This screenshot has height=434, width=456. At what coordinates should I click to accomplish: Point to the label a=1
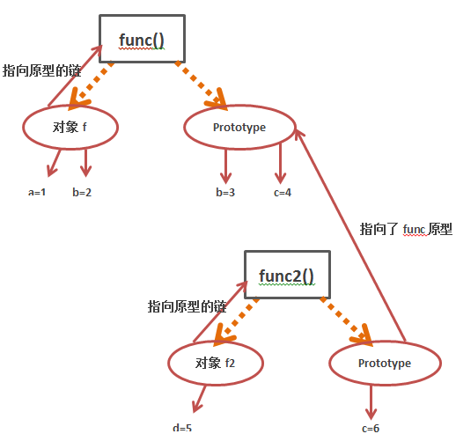37,192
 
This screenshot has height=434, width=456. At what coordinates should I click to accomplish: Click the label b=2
82,192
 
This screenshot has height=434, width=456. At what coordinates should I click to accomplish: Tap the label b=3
225,192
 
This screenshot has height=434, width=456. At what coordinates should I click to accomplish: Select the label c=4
283,193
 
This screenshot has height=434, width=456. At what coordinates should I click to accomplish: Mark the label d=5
182,428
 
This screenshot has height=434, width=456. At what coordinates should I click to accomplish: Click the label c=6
371,429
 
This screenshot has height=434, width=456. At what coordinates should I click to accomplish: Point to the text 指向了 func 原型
406,229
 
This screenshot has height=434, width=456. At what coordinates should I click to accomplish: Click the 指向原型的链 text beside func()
41,70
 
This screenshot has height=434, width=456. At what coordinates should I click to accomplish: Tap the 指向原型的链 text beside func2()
187,306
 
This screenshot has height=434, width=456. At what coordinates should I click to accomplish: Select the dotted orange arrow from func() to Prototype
201,85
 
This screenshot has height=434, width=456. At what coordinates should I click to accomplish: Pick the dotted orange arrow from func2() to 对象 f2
237,321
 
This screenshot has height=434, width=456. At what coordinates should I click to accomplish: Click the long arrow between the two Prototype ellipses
350,236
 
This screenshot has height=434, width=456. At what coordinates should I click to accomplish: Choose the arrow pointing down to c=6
371,402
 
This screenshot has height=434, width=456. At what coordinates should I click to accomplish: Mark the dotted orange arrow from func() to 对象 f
91,85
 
